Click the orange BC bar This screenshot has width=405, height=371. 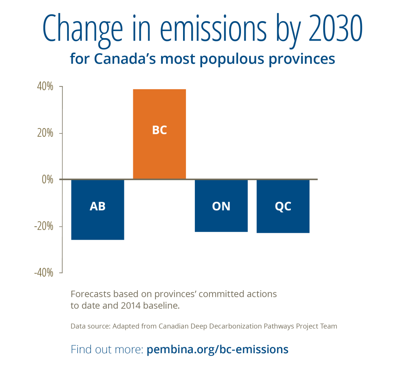point(159,134)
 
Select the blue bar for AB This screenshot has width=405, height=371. point(98,209)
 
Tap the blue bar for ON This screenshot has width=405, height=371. point(221,206)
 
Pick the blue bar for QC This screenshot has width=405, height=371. point(283,206)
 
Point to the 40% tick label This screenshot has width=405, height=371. point(45,87)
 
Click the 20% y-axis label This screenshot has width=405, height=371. point(45,133)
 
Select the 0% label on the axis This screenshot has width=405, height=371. point(47,180)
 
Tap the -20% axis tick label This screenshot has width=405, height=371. point(44,226)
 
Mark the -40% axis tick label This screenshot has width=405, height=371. point(44,273)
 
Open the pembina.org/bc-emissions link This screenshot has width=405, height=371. point(217,349)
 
